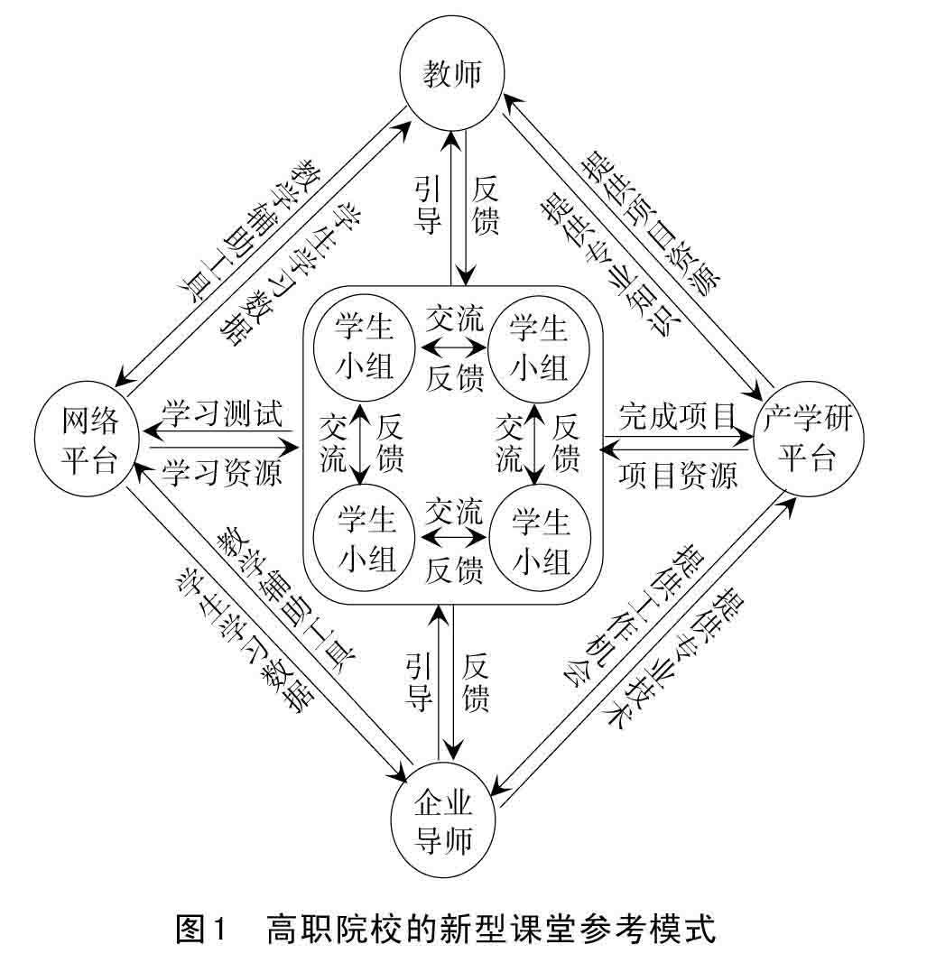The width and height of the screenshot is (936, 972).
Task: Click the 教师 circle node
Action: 452,76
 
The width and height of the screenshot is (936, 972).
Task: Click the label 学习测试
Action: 222,414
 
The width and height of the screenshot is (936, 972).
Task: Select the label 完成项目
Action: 676,416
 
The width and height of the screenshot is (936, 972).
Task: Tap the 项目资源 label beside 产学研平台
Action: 678,473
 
